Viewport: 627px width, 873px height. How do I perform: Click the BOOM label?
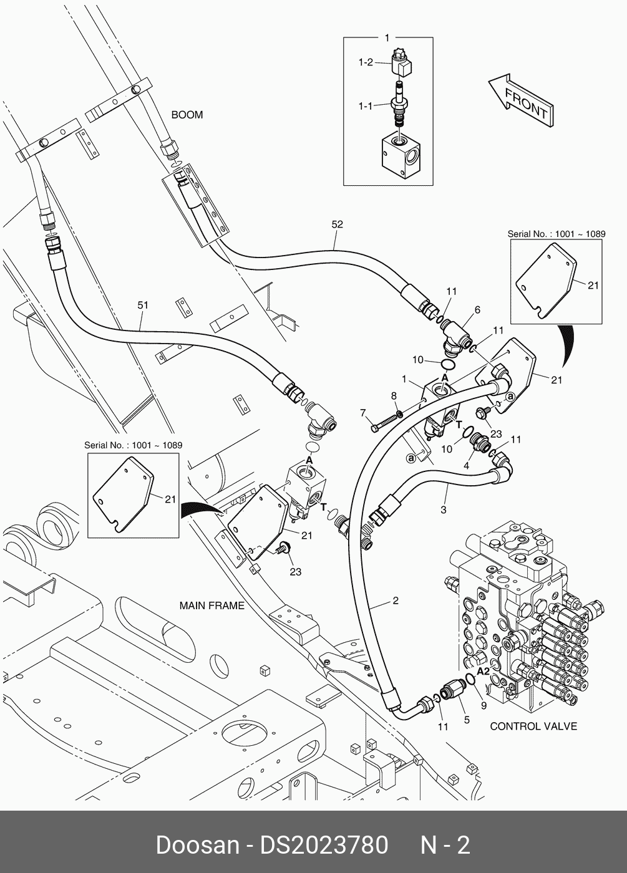(x=187, y=115)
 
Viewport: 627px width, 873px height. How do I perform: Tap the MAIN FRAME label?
(x=211, y=605)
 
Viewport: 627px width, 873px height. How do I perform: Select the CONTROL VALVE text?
(x=533, y=726)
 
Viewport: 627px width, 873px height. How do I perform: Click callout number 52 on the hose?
(x=337, y=224)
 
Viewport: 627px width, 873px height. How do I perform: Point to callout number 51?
(x=143, y=306)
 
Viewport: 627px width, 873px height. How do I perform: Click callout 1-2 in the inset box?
(x=366, y=62)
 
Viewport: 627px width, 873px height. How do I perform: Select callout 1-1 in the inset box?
(x=366, y=106)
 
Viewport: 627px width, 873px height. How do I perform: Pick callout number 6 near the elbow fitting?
(x=477, y=310)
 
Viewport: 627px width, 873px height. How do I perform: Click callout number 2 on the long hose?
(x=396, y=601)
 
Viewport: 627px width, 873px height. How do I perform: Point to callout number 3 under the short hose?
(x=444, y=510)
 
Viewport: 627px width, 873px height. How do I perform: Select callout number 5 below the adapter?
(x=467, y=720)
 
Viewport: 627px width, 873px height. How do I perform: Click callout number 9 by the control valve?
(x=482, y=706)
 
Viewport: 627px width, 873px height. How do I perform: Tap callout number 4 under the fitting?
(x=465, y=465)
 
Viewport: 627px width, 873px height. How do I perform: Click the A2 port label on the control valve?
(x=484, y=672)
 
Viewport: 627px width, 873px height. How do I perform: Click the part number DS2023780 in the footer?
(x=324, y=846)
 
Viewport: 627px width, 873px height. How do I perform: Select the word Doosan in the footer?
(x=197, y=846)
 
